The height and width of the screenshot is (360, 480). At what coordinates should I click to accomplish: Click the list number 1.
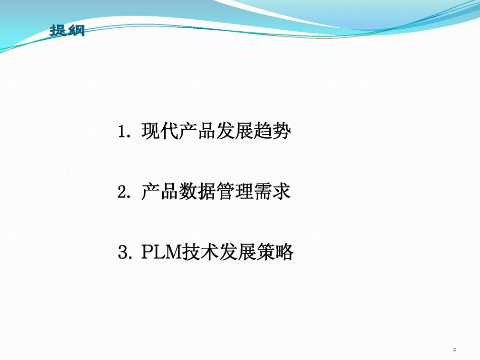click(123, 132)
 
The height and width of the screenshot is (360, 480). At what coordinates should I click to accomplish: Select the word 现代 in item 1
click(160, 132)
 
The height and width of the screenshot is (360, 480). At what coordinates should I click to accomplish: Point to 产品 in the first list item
click(198, 132)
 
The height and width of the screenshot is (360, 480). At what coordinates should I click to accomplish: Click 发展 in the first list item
click(235, 132)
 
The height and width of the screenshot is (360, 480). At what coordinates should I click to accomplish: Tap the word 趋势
click(272, 132)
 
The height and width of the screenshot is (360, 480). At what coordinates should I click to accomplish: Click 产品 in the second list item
click(160, 192)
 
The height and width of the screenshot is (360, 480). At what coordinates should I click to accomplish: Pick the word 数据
click(198, 192)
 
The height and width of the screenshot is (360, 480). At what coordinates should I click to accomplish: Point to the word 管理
click(235, 192)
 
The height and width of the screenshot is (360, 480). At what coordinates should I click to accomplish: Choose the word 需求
click(272, 192)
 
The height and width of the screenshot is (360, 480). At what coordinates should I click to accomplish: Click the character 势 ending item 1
click(282, 132)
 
